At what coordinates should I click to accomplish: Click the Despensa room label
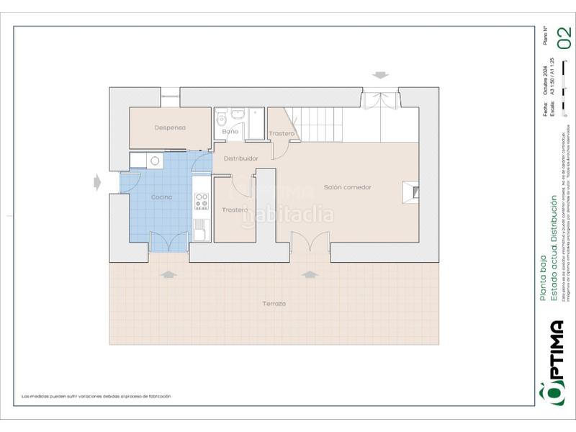tap(170, 128)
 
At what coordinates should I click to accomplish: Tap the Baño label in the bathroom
tap(230, 132)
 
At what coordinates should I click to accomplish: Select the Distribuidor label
tap(241, 158)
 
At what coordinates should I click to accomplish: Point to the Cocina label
tap(161, 197)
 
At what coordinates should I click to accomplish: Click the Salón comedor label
tap(347, 187)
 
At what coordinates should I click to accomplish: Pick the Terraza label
tap(274, 304)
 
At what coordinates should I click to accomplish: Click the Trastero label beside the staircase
tap(282, 135)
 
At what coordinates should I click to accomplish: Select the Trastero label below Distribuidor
tap(235, 210)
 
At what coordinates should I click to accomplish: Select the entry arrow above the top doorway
tap(379, 76)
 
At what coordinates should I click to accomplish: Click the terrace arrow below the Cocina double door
tap(168, 274)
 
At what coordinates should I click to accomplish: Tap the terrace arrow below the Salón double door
tap(310, 274)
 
